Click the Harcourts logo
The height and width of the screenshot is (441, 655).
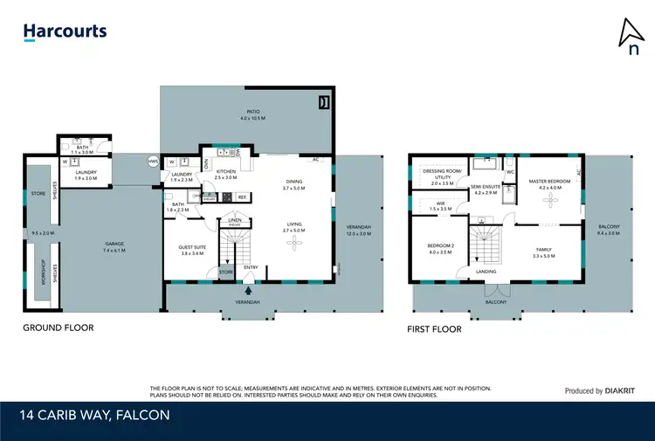coord(65,32)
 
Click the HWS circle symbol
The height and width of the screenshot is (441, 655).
coord(153,162)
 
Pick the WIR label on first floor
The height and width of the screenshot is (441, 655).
coord(440,205)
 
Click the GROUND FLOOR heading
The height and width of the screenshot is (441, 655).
coord(58,328)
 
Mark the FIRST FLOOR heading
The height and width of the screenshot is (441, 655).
coord(434,330)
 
